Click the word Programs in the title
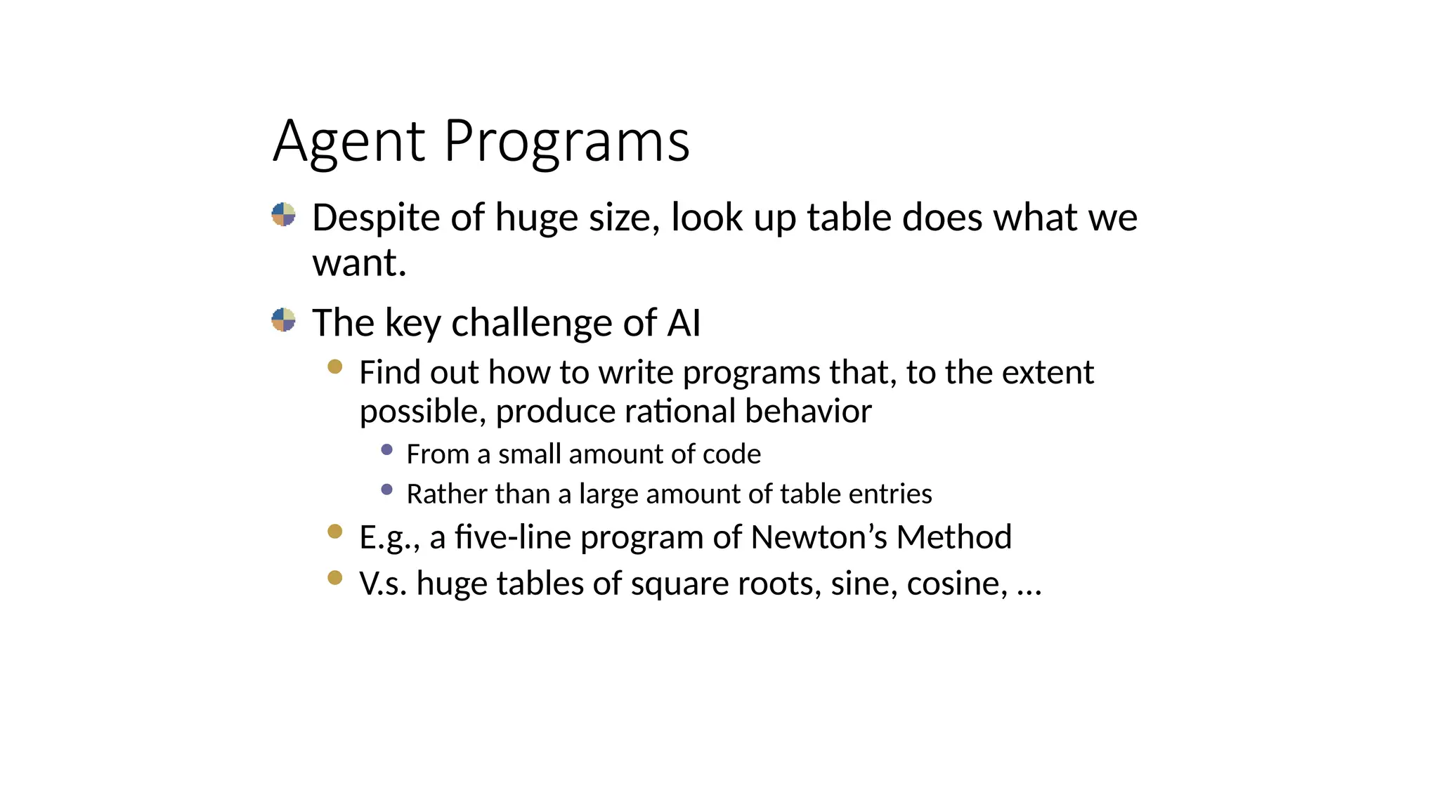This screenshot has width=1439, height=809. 566,143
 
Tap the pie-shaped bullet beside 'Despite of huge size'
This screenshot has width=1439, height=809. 283,214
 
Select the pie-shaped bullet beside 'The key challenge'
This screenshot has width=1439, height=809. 283,320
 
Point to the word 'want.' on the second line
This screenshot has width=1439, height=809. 359,263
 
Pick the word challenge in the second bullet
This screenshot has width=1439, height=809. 532,323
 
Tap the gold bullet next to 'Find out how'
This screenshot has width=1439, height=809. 335,367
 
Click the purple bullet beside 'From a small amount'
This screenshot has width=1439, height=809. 386,449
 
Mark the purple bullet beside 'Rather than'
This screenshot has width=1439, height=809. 386,489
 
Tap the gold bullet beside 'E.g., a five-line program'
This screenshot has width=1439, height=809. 335,532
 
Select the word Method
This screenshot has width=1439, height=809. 954,537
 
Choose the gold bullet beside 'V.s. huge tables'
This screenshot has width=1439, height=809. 335,578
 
